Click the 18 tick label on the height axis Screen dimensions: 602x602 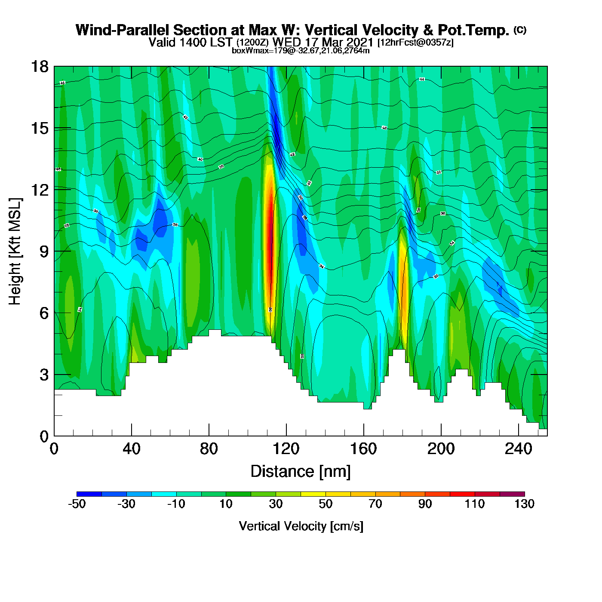(x=39, y=67)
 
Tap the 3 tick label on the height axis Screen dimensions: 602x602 (x=44, y=375)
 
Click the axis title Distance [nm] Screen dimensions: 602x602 (x=301, y=472)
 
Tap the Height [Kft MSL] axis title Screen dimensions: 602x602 (x=15, y=252)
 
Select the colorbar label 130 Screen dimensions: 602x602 (x=525, y=504)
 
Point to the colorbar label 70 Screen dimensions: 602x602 (x=375, y=504)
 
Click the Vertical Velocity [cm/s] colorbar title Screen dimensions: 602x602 (x=301, y=526)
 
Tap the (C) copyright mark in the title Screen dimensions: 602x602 (x=520, y=30)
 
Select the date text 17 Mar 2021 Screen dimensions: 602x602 (x=339, y=42)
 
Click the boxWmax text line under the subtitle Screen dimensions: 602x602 (x=301, y=51)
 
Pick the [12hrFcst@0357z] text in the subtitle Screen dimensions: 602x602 (x=415, y=43)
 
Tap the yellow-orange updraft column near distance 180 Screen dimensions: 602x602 (x=404, y=284)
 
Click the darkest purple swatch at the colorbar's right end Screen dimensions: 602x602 (x=512, y=494)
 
